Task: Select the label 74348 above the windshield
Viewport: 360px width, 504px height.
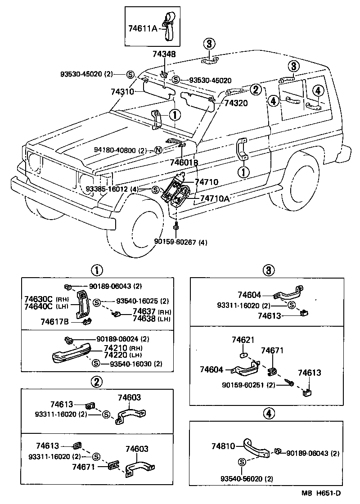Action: [x=164, y=54]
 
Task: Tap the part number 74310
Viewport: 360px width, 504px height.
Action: [x=122, y=92]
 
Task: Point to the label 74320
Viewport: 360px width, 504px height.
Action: [x=236, y=103]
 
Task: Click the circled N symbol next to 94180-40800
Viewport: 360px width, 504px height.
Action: [x=158, y=150]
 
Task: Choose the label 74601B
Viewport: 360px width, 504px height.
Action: [x=184, y=162]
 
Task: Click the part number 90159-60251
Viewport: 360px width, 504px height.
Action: [x=243, y=385]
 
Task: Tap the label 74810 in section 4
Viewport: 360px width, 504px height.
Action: [x=223, y=446]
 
